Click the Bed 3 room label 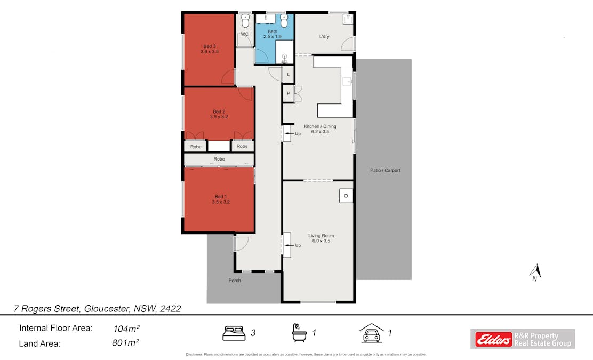click(210, 49)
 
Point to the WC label click(245, 34)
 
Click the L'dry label click(324, 37)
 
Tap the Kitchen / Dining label click(320, 129)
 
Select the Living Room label click(321, 238)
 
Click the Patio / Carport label click(385, 171)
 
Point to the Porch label click(235, 281)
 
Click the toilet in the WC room click(245, 21)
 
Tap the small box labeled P click(288, 93)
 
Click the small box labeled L click(288, 74)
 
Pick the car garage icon click(372, 333)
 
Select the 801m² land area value click(126, 343)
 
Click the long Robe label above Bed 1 click(219, 159)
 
